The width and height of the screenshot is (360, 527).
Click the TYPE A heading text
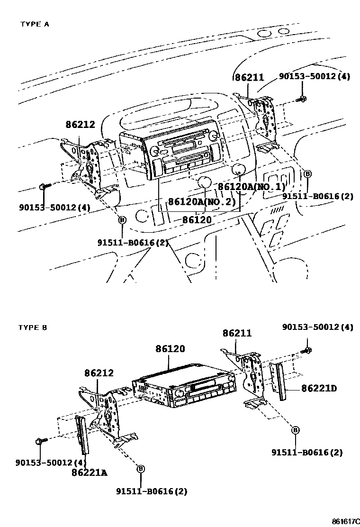pos(34,24)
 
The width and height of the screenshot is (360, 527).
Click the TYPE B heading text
pos(33,327)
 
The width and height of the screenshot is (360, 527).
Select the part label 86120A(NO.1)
pos(252,186)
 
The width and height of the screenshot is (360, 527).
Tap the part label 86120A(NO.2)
pos(202,201)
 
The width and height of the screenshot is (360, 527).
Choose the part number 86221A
pos(90,472)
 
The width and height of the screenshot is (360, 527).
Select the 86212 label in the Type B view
pos(99,373)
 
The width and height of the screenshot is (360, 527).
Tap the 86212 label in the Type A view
pos(81,125)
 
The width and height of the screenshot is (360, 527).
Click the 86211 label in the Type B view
pos(237,334)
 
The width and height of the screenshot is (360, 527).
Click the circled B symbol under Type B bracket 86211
pos(295,430)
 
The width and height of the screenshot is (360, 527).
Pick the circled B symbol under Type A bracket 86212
pos(122,220)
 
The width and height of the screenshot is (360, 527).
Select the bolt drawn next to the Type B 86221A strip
pos(40,441)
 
